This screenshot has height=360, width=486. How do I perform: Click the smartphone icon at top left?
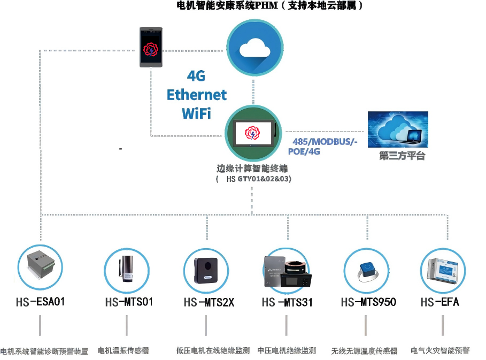pos(151,48)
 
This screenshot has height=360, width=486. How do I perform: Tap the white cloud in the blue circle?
pos(254,48)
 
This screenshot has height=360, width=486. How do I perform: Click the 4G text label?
pos(196,76)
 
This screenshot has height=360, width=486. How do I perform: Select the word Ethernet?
pos(197,95)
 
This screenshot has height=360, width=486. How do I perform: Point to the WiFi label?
pos(196,113)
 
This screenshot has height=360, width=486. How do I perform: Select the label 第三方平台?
pos(402,156)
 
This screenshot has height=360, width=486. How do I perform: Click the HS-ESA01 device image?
pos(41,265)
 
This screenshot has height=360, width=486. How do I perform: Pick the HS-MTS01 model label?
pos(129,302)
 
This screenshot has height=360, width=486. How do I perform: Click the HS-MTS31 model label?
pos(287,303)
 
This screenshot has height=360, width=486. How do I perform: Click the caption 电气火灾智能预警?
pos(440,351)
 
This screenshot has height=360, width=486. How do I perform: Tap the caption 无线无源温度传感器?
pos(364,351)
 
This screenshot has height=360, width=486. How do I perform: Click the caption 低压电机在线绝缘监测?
pos(213,351)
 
